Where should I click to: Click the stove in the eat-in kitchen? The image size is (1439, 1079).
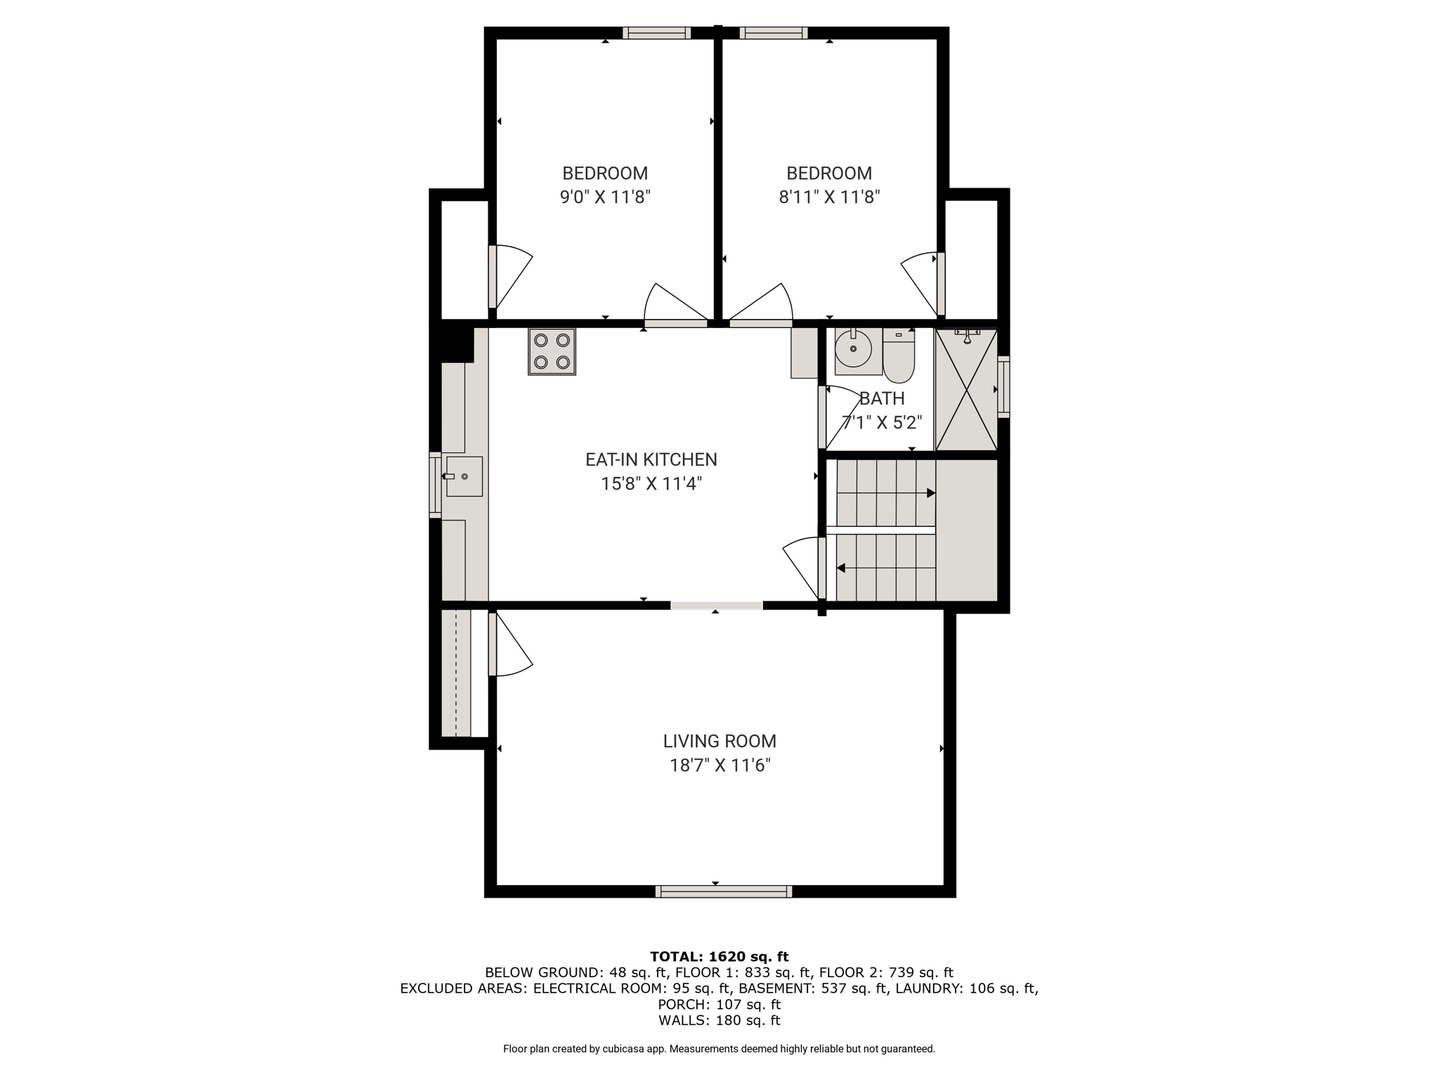click(x=552, y=351)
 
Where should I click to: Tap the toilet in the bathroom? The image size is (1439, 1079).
click(x=899, y=355)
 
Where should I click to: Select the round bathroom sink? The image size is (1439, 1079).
click(x=854, y=348)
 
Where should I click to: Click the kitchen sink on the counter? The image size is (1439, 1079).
click(x=464, y=476)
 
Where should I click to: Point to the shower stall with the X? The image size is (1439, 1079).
click(x=966, y=389)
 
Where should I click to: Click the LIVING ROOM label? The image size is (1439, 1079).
click(x=719, y=741)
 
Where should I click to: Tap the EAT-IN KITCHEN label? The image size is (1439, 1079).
click(x=651, y=459)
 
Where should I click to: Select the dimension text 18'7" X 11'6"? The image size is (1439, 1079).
click(x=720, y=765)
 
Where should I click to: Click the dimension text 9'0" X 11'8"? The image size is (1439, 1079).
click(x=605, y=197)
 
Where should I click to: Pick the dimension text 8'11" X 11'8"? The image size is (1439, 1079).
click(x=829, y=197)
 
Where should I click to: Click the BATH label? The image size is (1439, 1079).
click(x=882, y=398)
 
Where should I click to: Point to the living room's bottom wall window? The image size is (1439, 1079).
click(x=724, y=891)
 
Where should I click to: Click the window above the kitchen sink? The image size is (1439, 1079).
click(x=435, y=485)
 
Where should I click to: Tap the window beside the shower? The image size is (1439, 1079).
click(x=1004, y=387)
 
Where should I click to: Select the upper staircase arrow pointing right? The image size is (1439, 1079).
click(x=886, y=493)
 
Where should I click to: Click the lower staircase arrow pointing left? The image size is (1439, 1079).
click(x=886, y=568)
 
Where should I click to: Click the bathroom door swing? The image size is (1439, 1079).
click(x=842, y=417)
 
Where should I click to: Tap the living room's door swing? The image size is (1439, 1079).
click(x=511, y=644)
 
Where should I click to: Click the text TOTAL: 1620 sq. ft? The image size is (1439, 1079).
click(x=719, y=956)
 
